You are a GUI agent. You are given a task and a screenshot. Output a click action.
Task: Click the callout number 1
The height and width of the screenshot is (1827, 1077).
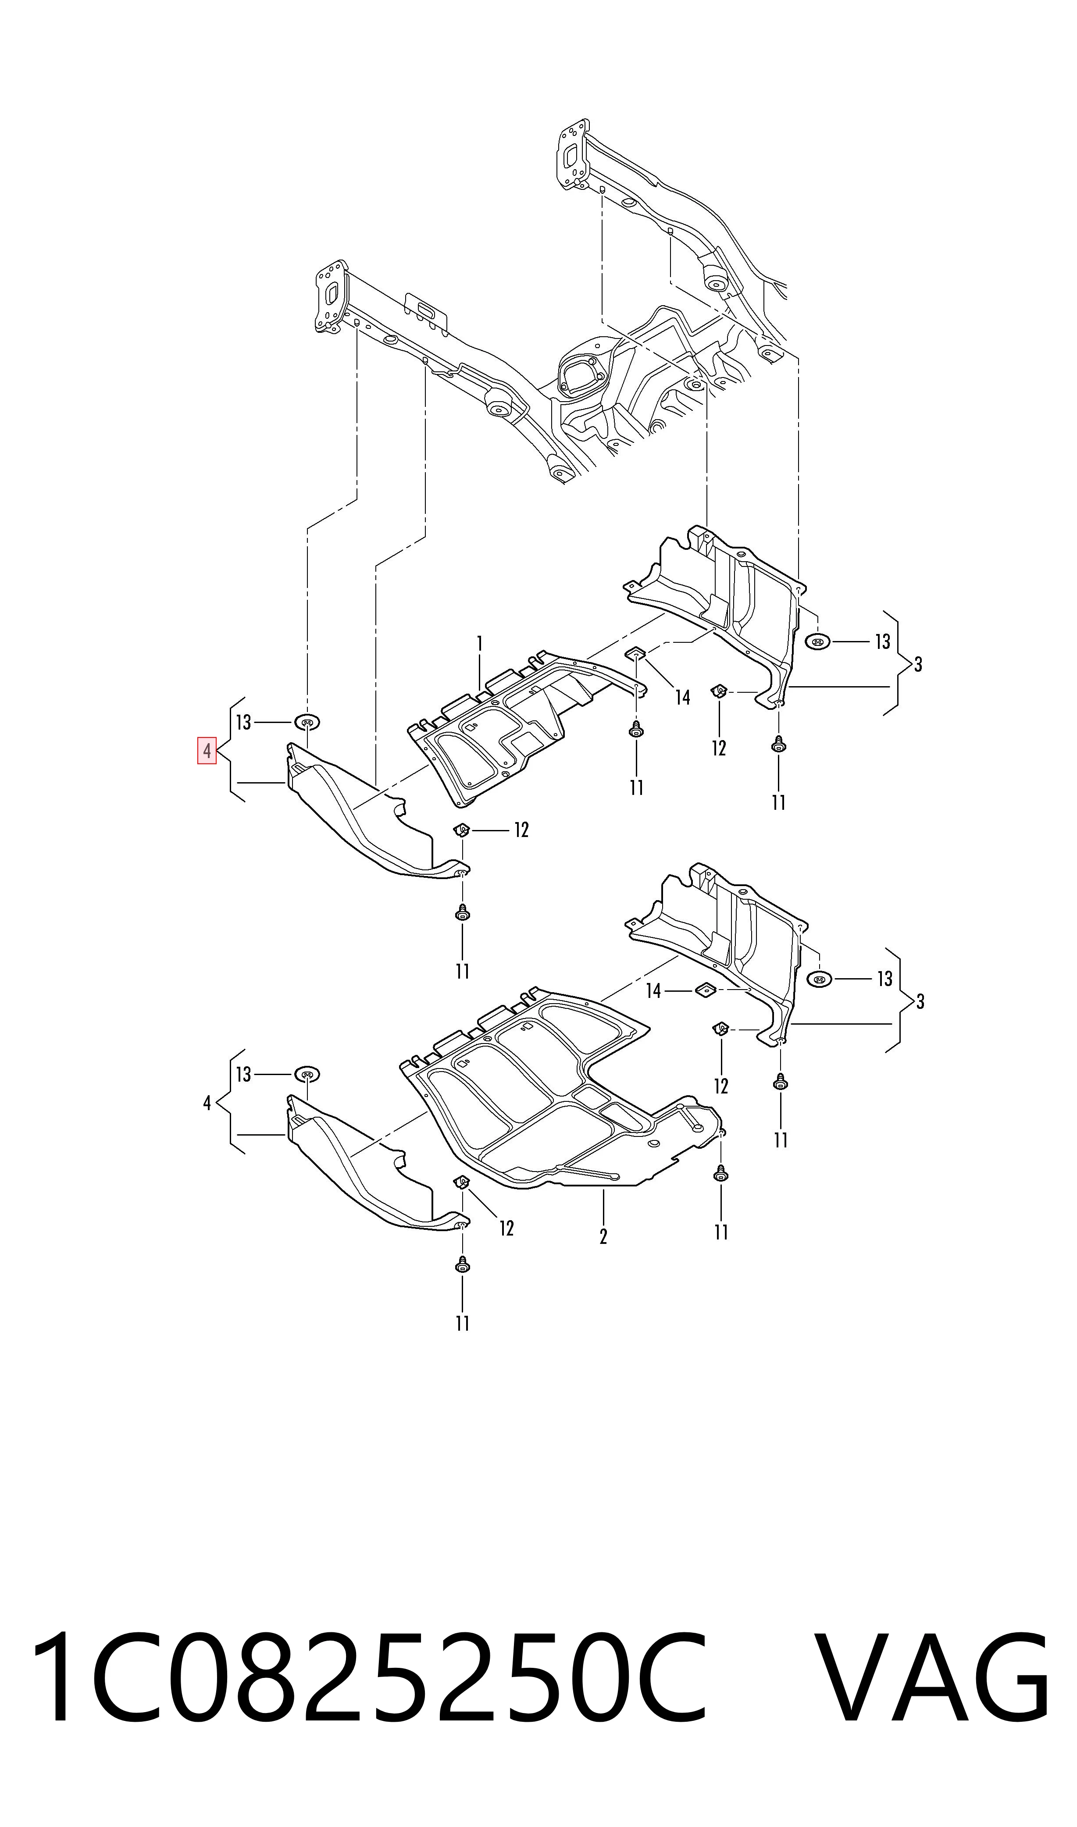click(479, 643)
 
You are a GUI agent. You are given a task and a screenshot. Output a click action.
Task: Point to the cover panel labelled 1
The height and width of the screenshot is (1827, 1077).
click(508, 726)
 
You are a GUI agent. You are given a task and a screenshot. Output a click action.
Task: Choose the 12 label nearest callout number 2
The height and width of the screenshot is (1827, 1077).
click(506, 1229)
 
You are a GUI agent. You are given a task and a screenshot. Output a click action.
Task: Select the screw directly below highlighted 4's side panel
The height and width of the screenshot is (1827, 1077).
click(462, 913)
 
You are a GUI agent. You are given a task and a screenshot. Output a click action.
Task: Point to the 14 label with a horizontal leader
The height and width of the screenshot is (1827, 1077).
click(654, 990)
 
